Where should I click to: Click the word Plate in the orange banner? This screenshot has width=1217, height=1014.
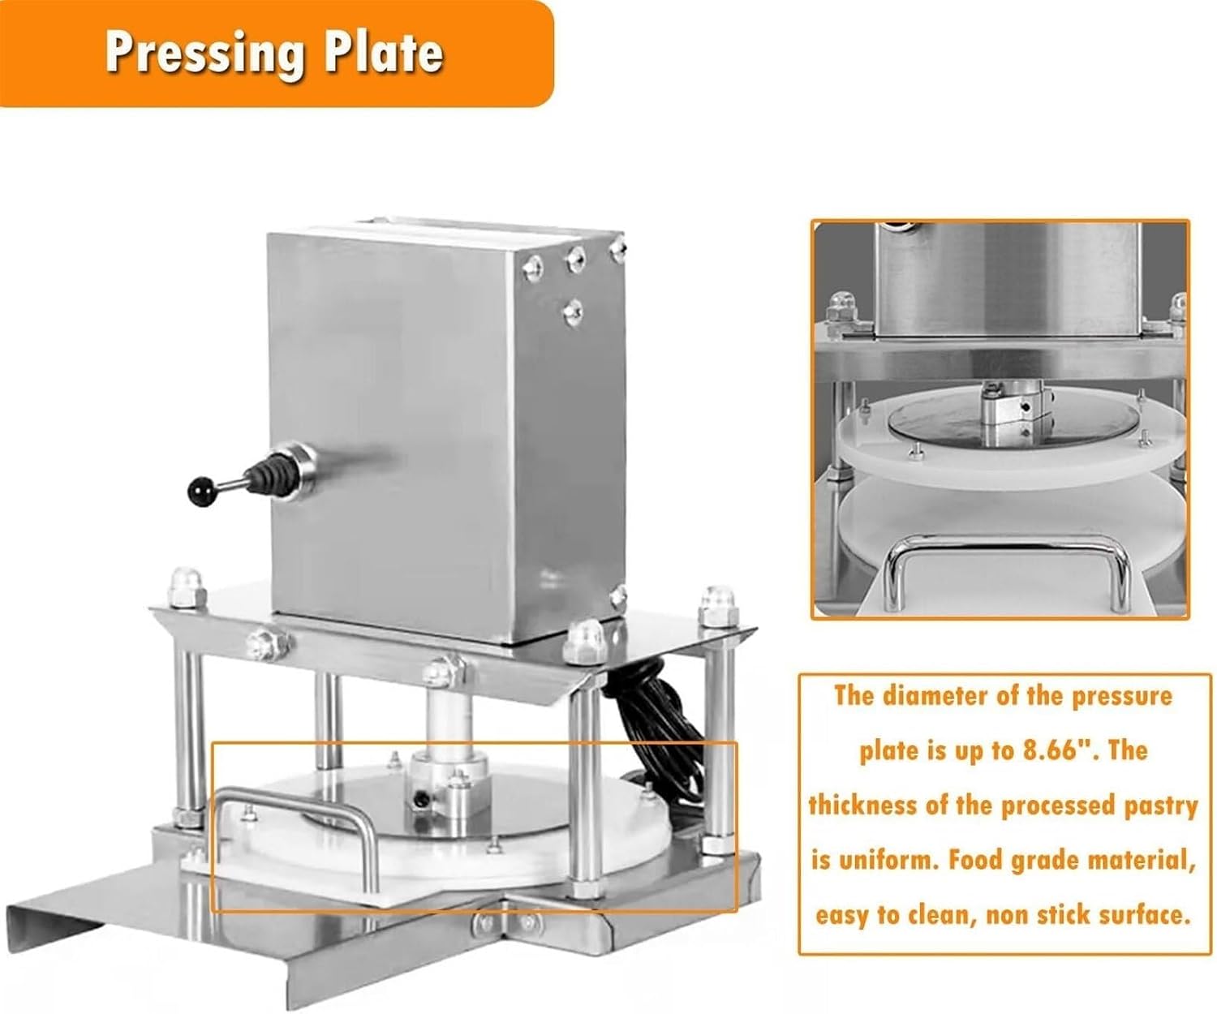[384, 53]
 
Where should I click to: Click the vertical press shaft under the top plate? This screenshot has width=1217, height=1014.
[448, 723]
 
